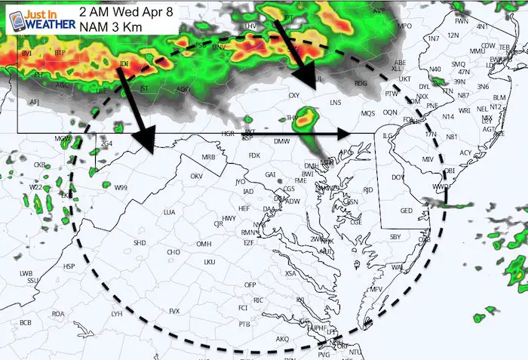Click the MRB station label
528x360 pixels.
point(209,158)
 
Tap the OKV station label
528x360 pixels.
point(197,176)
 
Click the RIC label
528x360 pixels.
point(258,300)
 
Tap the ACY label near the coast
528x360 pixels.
point(465,153)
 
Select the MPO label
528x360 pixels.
point(406,26)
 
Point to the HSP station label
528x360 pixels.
point(69,266)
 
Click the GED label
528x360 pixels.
point(407,211)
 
